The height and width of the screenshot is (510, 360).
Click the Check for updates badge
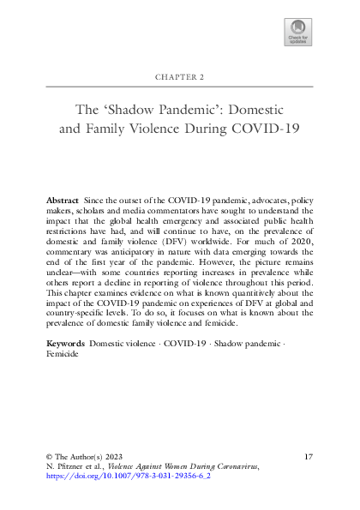pos(296,35)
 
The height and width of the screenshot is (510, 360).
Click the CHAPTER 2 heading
pos(179,76)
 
